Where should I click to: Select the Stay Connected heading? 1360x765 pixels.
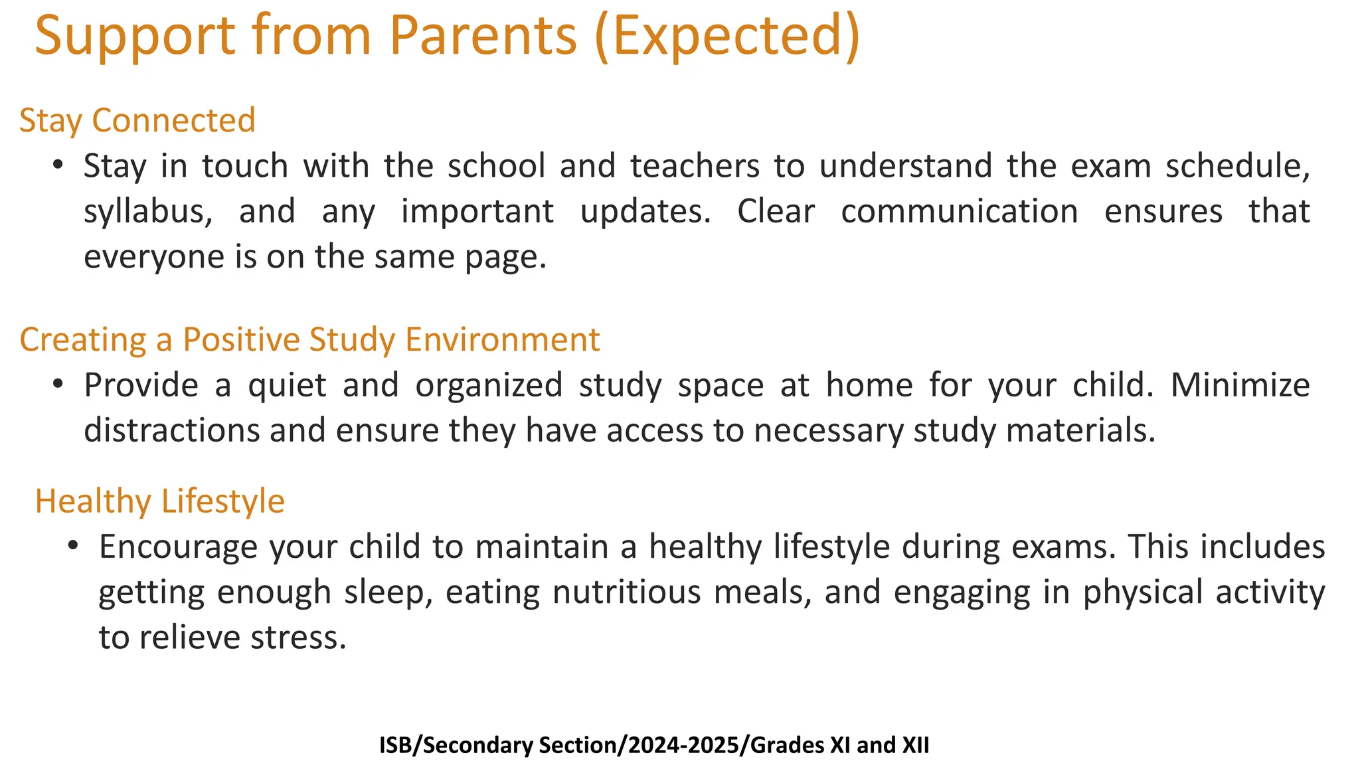[137, 121]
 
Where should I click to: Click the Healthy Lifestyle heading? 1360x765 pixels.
[159, 501]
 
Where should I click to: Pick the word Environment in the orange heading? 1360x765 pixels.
[503, 339]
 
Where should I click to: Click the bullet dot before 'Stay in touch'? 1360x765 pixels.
[58, 164]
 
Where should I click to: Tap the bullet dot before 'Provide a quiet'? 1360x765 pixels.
[58, 383]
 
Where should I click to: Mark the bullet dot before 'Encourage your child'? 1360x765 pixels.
[73, 545]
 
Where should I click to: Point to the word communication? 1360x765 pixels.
[959, 211]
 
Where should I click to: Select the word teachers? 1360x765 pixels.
[695, 166]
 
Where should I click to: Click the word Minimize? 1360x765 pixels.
[1240, 385]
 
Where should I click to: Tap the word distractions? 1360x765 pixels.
[172, 430]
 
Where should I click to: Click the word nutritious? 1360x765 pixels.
[626, 592]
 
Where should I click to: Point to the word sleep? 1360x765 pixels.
[388, 593]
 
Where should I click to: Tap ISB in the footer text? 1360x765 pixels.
[395, 745]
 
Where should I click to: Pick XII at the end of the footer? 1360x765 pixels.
[915, 745]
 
